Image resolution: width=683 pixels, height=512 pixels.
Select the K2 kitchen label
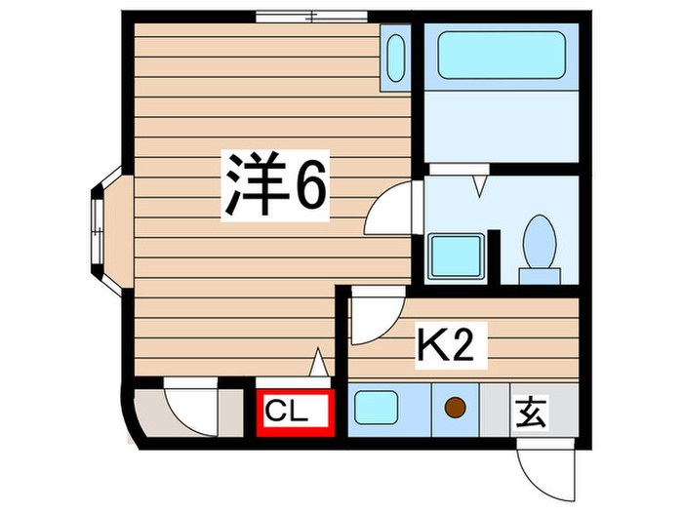(x=452, y=347)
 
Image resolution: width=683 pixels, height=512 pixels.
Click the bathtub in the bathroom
(x=501, y=55)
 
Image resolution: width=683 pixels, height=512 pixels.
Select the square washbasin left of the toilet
(x=455, y=256)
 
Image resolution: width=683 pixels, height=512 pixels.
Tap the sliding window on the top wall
(x=312, y=16)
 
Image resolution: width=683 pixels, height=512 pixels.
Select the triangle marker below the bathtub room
(x=479, y=183)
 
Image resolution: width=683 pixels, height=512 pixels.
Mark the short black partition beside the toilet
(x=495, y=256)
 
